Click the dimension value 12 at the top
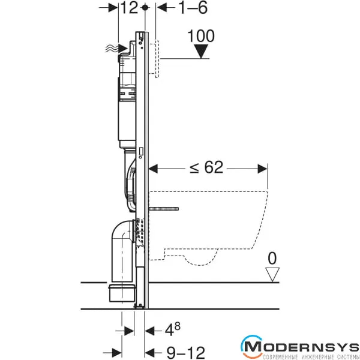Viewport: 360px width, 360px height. (x=129, y=8)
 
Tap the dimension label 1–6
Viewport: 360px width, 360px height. (x=193, y=8)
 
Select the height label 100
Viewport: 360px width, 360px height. (x=201, y=36)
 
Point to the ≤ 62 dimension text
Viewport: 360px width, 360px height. (x=206, y=167)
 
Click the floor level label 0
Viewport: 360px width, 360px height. (x=272, y=258)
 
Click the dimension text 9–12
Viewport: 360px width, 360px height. (x=185, y=352)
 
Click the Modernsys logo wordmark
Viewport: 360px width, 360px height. (x=300, y=347)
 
